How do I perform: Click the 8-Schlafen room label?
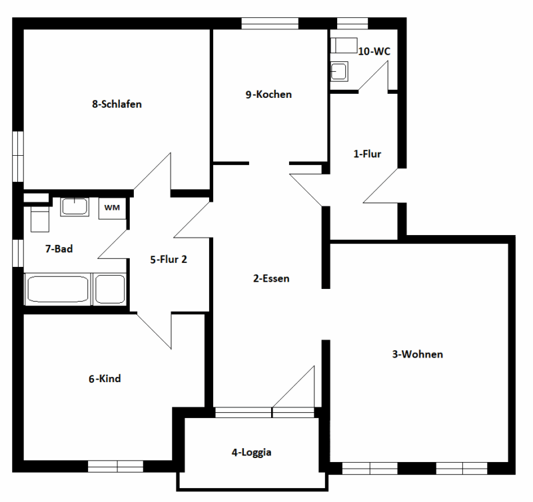117,104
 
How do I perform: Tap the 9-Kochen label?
268,95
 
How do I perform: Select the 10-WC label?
374,51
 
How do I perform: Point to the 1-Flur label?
366,154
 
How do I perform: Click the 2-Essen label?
271,278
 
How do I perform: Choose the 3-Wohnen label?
418,354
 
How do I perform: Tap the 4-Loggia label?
252,452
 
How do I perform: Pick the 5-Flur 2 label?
168,259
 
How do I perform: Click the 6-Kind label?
105,379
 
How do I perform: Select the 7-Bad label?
59,249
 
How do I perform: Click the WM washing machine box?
112,208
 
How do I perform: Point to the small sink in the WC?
340,71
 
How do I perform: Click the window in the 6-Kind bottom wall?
116,466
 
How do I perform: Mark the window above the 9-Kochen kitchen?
269,23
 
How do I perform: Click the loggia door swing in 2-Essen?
297,390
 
